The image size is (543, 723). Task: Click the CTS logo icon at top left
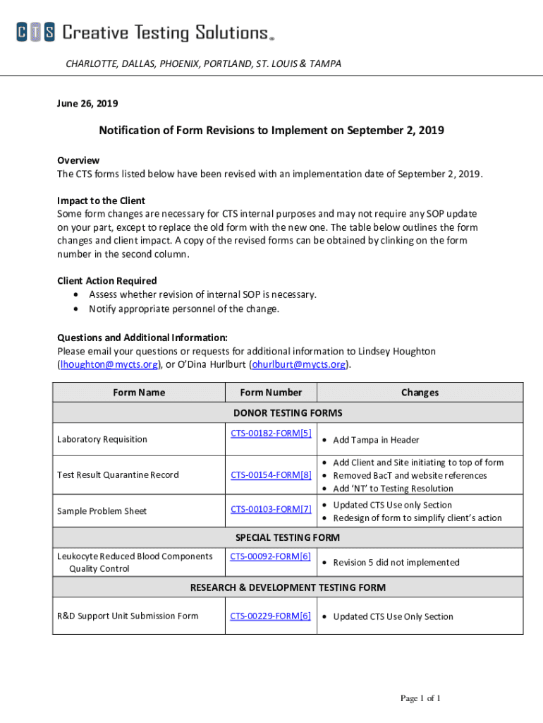[x=35, y=32]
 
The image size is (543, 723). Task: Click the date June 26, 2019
[x=87, y=104]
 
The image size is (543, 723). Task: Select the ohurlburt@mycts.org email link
[x=299, y=364]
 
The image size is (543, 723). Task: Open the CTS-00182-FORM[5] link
[x=271, y=433]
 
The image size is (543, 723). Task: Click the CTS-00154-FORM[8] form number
[x=271, y=475]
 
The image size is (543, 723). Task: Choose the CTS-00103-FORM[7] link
[x=271, y=509]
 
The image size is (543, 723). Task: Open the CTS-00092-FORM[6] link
[x=271, y=556]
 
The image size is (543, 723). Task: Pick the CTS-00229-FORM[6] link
[x=271, y=616]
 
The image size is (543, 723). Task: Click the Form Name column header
[x=139, y=393]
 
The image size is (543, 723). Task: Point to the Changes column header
[x=420, y=393]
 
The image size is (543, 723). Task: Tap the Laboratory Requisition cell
[x=102, y=439]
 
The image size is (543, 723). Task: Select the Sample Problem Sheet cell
[x=102, y=511]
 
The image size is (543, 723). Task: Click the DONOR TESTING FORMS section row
[x=288, y=413]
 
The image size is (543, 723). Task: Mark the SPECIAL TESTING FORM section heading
[x=287, y=537]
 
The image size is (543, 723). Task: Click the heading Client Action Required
[x=107, y=281]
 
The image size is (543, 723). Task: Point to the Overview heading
[x=78, y=160]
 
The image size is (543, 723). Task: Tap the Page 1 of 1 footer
[x=420, y=699]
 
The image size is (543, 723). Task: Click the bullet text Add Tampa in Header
[x=376, y=440]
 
